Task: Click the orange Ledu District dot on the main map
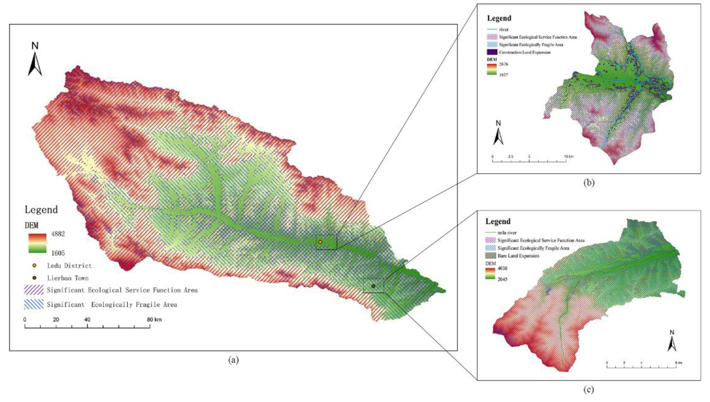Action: coord(320,242)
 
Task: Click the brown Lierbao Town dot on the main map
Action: coord(373,286)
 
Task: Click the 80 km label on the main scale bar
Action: coord(154,320)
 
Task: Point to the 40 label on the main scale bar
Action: coord(87,320)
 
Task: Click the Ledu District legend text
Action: coord(69,266)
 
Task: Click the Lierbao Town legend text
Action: coord(68,278)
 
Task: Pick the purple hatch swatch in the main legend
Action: coord(34,290)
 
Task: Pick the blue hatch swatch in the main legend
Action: coord(34,304)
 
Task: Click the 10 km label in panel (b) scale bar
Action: coord(568,157)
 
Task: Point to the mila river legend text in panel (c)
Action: coord(507,233)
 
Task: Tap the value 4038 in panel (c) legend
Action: coord(502,268)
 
